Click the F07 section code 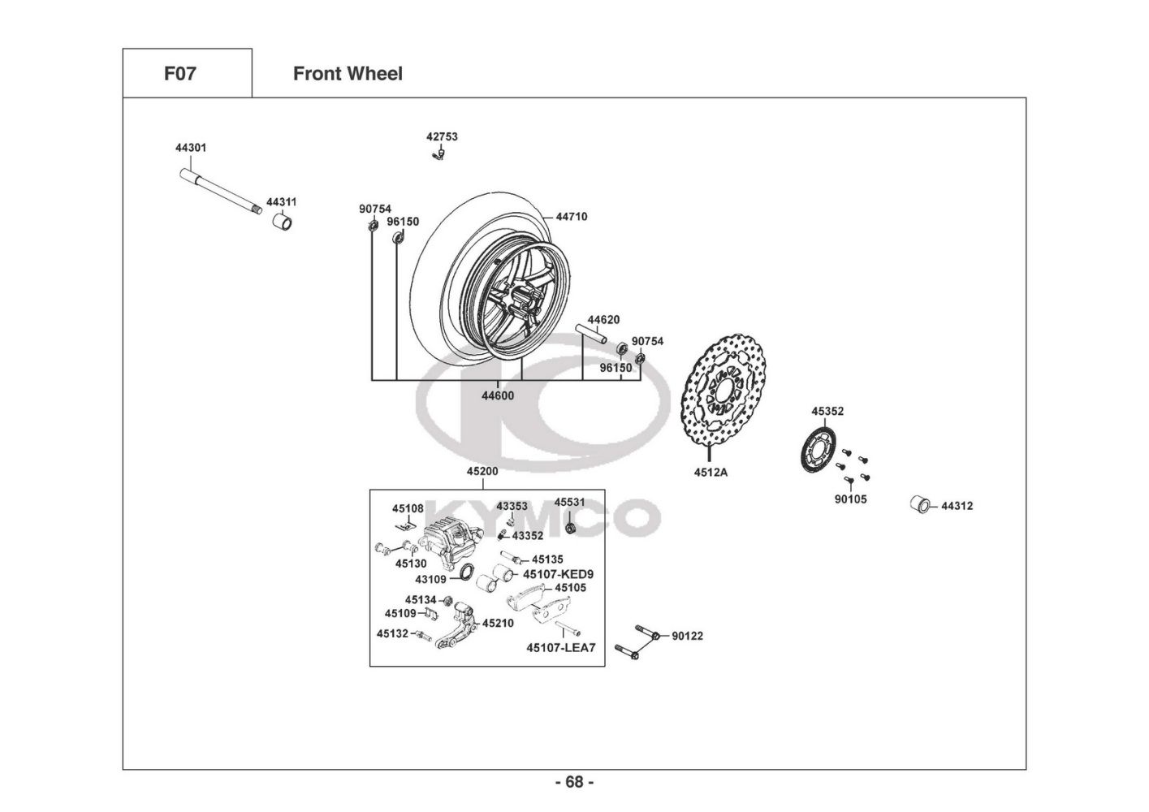tap(180, 74)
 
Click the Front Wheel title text tap(348, 74)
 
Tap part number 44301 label tap(191, 149)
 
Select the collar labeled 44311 tap(282, 221)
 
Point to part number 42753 tap(442, 137)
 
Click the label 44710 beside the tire tap(572, 217)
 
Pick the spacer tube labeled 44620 tap(590, 335)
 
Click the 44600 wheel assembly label tap(498, 396)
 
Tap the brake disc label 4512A tap(711, 472)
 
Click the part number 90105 tap(850, 499)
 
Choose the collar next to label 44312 tap(918, 503)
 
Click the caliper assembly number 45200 tap(482, 472)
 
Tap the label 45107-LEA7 tap(560, 648)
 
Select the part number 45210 tap(498, 624)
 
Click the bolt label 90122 tap(687, 636)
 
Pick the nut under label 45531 tap(570, 528)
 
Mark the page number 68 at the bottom tap(574, 782)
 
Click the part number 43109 tap(430, 580)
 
